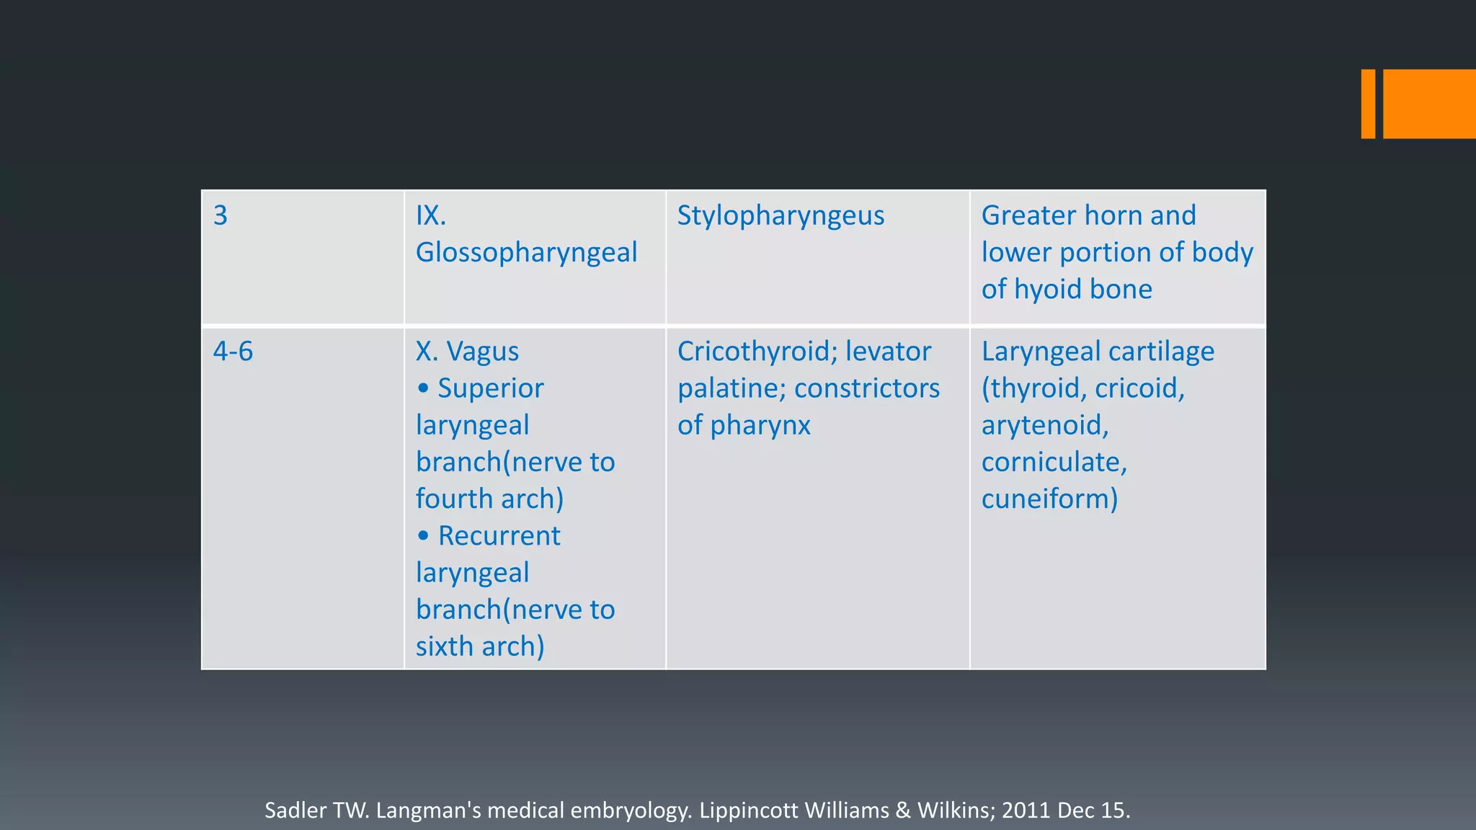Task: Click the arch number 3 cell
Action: [x=221, y=215]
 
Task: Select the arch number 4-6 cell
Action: [x=233, y=352]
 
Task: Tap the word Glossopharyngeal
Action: [x=526, y=253]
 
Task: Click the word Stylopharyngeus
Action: [x=781, y=215]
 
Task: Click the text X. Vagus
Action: [x=467, y=352]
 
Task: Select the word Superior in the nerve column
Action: [x=490, y=388]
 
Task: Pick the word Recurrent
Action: [x=499, y=536]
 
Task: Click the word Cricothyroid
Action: [x=756, y=352]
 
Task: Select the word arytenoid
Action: [x=1044, y=425]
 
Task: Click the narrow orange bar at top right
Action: [x=1368, y=104]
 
